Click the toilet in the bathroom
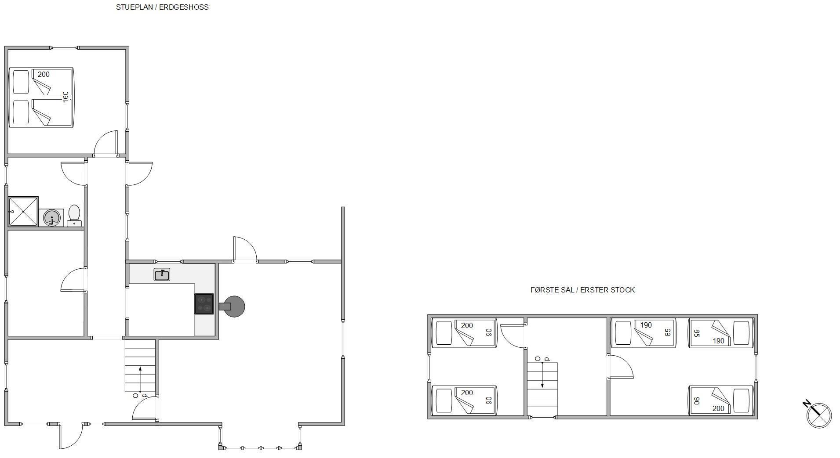click(74, 215)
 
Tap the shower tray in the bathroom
click(23, 212)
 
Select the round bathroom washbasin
click(51, 218)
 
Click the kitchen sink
click(162, 275)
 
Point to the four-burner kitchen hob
click(204, 304)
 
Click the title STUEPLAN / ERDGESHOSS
click(162, 7)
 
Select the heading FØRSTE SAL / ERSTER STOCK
click(582, 290)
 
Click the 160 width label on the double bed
click(65, 97)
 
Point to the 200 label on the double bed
click(44, 74)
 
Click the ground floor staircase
click(140, 366)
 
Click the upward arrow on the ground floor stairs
click(140, 379)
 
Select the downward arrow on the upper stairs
click(542, 375)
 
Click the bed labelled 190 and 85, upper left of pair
click(643, 333)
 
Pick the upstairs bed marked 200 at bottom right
click(721, 400)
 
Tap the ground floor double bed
click(41, 97)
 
